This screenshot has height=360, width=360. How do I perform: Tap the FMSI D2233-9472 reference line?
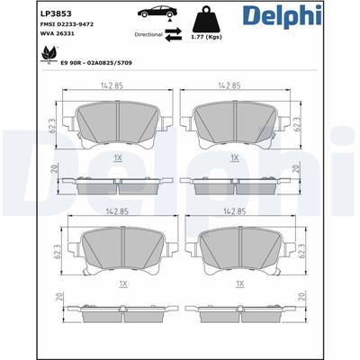[x=67, y=24]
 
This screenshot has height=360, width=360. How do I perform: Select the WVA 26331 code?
[x=57, y=33]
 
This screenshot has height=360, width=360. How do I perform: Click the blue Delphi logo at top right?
[x=283, y=15]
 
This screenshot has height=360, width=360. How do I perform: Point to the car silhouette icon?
[x=157, y=13]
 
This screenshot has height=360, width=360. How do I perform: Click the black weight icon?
[x=206, y=19]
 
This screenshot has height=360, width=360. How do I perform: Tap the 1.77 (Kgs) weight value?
[x=206, y=37]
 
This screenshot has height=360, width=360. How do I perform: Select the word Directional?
[x=148, y=34]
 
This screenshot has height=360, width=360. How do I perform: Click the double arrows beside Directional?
[x=174, y=34]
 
